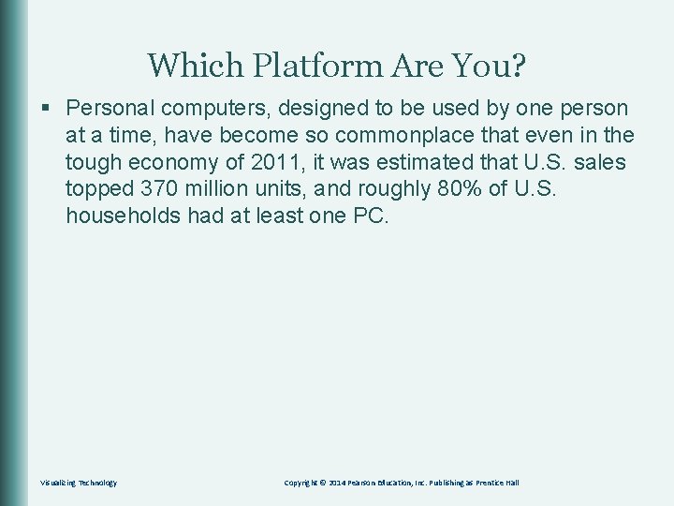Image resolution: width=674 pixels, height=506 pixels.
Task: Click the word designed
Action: coord(312,109)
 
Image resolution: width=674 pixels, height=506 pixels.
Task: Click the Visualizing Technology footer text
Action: coord(79,483)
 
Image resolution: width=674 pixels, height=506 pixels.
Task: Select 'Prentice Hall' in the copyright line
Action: coord(497,483)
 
